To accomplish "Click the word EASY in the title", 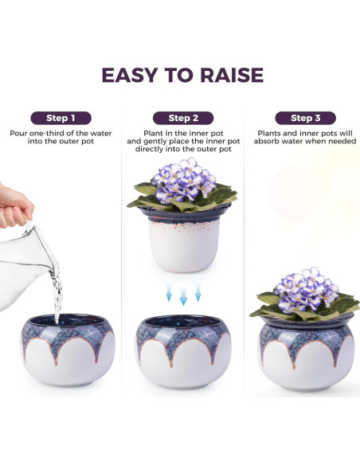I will tap(130, 75).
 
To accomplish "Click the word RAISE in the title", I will tap(227, 75).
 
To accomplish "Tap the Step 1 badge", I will tap(61, 118).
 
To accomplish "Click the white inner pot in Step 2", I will tap(183, 243).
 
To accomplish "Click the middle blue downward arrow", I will tap(183, 299).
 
